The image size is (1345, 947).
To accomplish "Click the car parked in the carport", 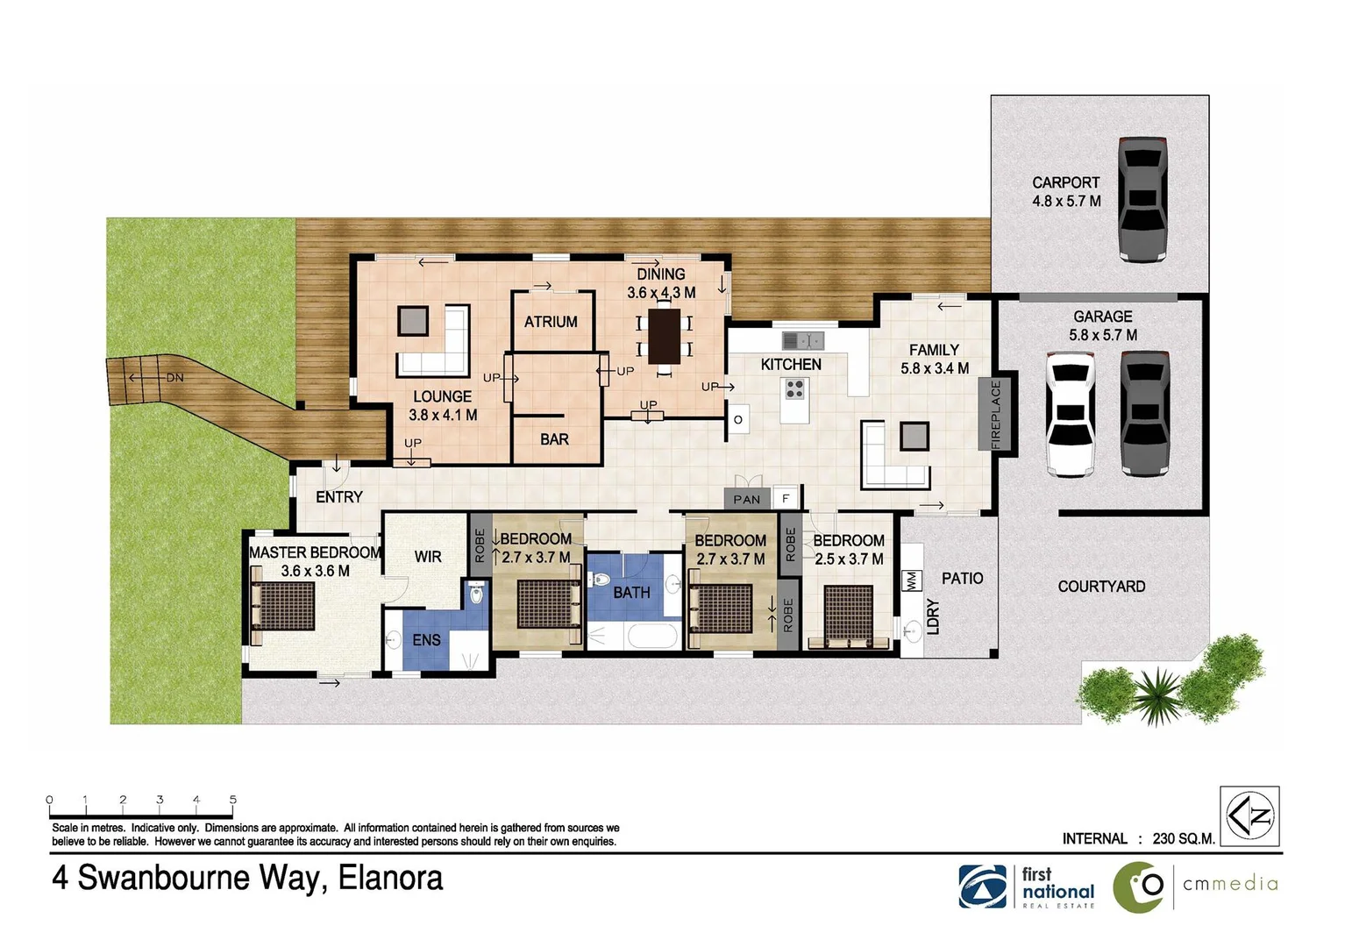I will click(x=1143, y=199).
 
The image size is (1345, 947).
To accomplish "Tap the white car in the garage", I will click(x=1071, y=414).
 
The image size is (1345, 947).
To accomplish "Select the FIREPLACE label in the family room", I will click(x=996, y=415).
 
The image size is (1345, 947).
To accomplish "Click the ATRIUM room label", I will click(x=551, y=322).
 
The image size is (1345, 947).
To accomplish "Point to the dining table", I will click(x=665, y=336).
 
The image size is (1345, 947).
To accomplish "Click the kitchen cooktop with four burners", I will click(x=794, y=388).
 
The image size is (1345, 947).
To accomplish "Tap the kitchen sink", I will click(x=802, y=340).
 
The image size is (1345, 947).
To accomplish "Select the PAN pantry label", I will click(x=747, y=499).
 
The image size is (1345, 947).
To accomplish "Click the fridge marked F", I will click(x=786, y=498).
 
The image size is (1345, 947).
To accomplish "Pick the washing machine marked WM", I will click(x=910, y=580).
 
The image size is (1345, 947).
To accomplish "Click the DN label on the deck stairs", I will click(x=174, y=378).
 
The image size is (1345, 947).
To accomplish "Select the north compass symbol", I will click(x=1249, y=816).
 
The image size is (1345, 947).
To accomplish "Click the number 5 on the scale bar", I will click(x=233, y=799).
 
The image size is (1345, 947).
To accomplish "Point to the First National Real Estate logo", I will click(x=1026, y=886).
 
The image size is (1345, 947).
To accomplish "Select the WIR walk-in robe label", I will click(x=428, y=557).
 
